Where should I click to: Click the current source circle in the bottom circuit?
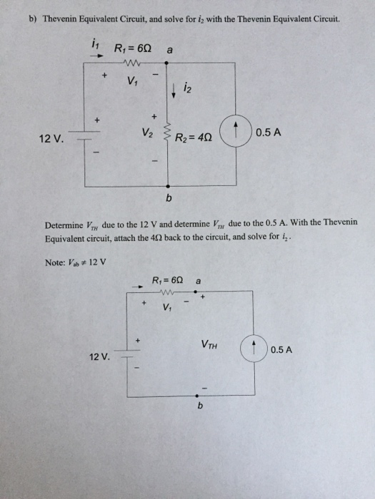point(254,349)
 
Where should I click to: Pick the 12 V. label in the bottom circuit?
point(99,356)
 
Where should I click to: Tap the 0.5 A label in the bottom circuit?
point(284,350)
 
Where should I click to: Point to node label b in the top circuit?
point(169,195)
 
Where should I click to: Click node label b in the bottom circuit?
point(201,406)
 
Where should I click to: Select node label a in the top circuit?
point(168,50)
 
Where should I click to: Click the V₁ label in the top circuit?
point(131,81)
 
